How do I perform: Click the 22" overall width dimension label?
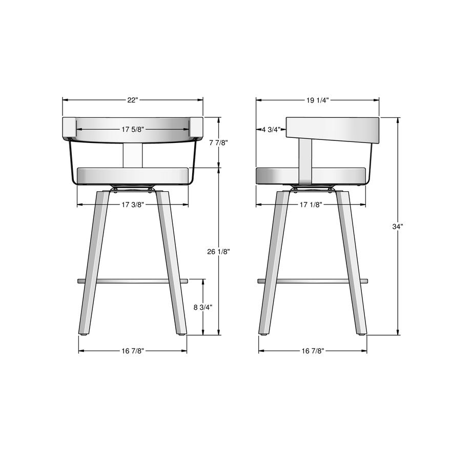click(x=133, y=100)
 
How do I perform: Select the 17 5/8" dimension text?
click(x=133, y=130)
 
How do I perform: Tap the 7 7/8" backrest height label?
click(x=219, y=142)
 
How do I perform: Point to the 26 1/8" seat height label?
click(x=219, y=252)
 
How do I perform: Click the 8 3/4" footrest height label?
click(x=203, y=307)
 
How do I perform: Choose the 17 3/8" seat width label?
click(x=133, y=204)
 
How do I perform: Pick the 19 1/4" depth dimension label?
click(x=317, y=100)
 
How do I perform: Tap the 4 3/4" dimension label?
click(x=271, y=130)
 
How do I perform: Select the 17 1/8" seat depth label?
click(x=311, y=204)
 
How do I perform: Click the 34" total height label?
click(x=398, y=227)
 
